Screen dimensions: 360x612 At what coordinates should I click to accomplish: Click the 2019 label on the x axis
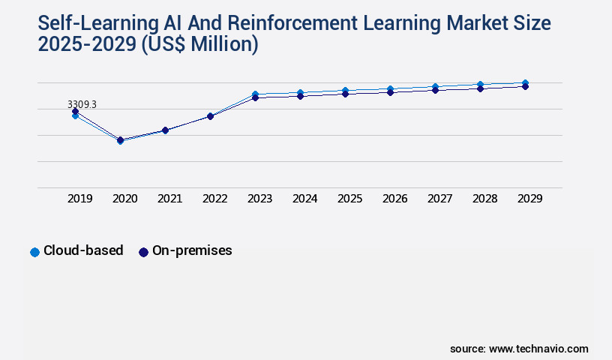click(80, 199)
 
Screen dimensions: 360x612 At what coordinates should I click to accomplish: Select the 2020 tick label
click(125, 199)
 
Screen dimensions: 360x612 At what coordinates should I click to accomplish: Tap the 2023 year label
click(260, 199)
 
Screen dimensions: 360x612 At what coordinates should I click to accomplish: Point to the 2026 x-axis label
click(395, 199)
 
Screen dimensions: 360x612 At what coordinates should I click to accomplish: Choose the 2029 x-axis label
click(530, 199)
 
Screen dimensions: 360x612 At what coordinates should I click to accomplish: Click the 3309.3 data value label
click(82, 104)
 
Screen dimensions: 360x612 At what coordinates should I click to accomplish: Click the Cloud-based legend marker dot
click(34, 252)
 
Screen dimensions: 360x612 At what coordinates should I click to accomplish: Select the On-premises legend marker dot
click(143, 252)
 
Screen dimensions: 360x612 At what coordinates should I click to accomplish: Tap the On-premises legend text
click(192, 251)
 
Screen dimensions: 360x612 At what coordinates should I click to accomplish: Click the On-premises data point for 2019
click(75, 112)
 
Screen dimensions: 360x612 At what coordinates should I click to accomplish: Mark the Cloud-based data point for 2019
click(75, 116)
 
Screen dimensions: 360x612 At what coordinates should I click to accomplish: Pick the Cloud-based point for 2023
click(255, 94)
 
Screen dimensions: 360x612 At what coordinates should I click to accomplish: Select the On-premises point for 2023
click(255, 98)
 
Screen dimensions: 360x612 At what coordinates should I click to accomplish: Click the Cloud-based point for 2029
click(525, 82)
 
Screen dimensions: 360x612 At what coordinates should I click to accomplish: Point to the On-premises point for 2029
click(525, 87)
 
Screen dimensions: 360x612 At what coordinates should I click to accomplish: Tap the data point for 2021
click(165, 130)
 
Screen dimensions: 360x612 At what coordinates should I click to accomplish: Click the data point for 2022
click(210, 116)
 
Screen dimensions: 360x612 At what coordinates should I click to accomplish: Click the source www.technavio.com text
click(519, 349)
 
